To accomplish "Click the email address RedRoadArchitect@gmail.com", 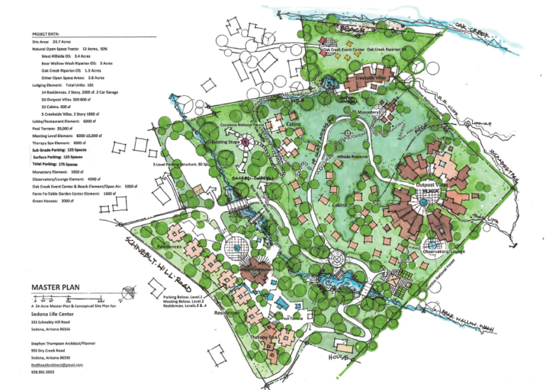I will [x=57, y=364].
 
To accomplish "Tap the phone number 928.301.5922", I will [x=43, y=372].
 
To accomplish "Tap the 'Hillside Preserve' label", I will [x=349, y=156].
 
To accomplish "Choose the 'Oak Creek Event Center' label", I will [x=343, y=50].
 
